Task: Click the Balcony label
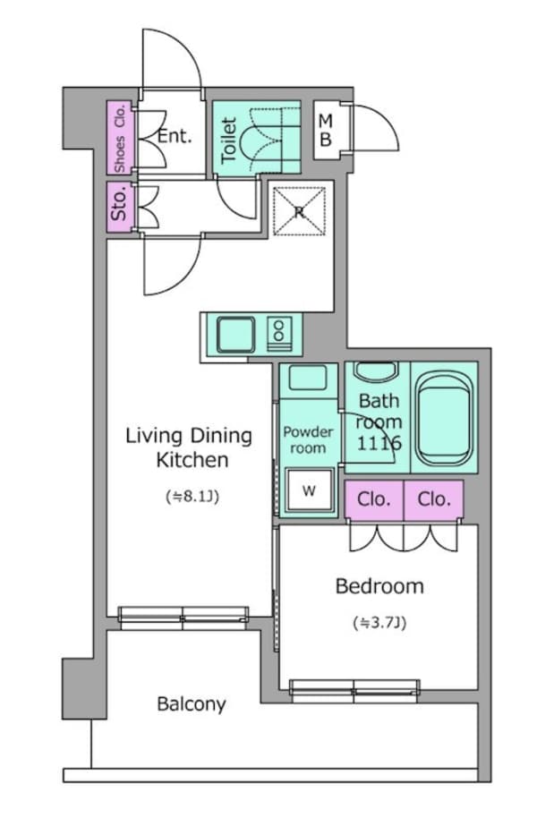192,703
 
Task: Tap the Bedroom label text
379,586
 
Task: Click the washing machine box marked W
309,490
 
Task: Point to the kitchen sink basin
236,335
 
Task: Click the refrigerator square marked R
299,212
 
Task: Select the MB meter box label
326,130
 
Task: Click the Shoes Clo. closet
120,138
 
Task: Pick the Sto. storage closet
120,206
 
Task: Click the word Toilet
229,141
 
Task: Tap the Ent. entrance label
175,136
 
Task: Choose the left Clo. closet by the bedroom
373,498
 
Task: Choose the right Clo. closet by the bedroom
434,498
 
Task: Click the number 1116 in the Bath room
379,443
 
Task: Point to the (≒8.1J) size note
192,497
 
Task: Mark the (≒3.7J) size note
379,623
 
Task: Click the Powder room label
308,440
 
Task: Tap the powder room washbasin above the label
308,377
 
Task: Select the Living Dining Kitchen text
189,447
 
